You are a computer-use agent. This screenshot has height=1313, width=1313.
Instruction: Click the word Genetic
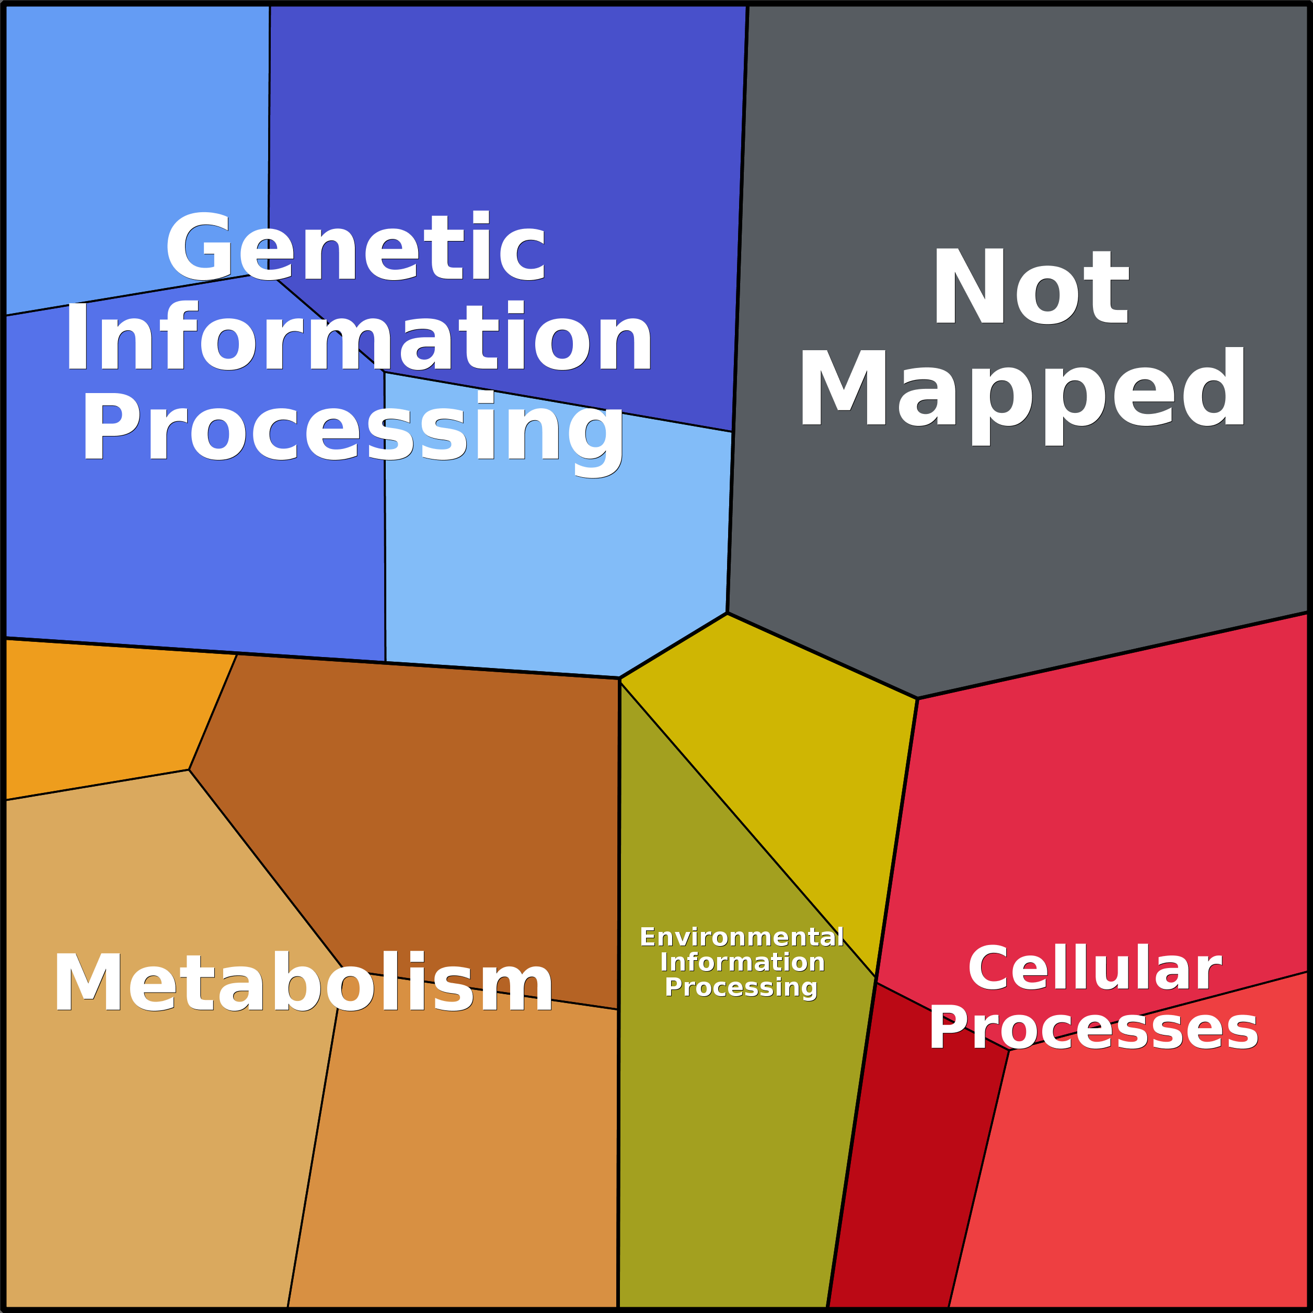355,247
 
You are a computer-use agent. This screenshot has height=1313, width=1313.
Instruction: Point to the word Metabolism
303,982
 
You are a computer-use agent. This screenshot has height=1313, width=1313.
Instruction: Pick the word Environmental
742,937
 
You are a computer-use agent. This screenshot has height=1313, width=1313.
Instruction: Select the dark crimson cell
911,1155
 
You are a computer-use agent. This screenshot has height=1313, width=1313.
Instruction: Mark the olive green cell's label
742,962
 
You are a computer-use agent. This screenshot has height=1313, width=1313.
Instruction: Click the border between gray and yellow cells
822,656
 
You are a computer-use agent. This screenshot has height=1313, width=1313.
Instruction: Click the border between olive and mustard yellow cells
747,829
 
